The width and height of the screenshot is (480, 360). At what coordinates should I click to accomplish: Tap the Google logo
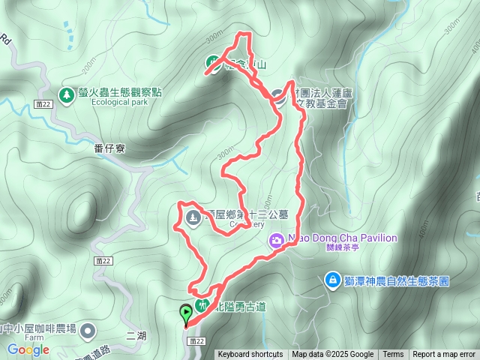click(28, 349)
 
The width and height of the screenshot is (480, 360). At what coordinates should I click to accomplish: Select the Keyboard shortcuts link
click(250, 355)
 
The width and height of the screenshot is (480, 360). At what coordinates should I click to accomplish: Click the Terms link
click(393, 355)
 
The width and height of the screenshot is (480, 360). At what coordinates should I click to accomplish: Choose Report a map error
click(444, 355)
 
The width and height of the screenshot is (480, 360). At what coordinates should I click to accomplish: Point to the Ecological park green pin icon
click(66, 95)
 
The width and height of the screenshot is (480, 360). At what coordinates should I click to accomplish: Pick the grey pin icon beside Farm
click(88, 330)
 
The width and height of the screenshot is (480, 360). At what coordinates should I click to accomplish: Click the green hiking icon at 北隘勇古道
click(201, 305)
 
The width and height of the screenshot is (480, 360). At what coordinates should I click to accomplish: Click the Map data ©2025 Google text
click(332, 355)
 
